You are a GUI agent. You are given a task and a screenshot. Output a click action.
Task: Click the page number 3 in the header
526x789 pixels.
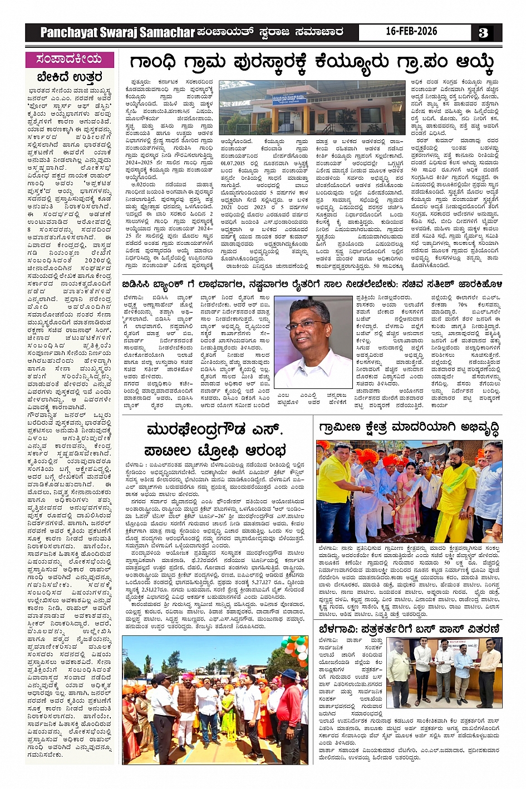[x=483, y=33]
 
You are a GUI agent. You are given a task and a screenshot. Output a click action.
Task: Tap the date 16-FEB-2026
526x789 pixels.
[x=411, y=32]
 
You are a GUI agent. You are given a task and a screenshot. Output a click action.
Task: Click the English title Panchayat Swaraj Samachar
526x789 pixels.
[x=117, y=33]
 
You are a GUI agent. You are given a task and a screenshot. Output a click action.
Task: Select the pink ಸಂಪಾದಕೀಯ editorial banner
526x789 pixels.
[x=70, y=59]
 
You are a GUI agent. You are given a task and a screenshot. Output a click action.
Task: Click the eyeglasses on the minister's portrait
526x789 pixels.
[x=306, y=324]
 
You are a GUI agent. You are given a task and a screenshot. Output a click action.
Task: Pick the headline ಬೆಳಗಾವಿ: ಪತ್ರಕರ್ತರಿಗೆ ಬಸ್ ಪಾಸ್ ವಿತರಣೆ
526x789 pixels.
[x=409, y=629]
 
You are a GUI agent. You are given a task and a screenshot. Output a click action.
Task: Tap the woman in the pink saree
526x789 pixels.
[x=409, y=495]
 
